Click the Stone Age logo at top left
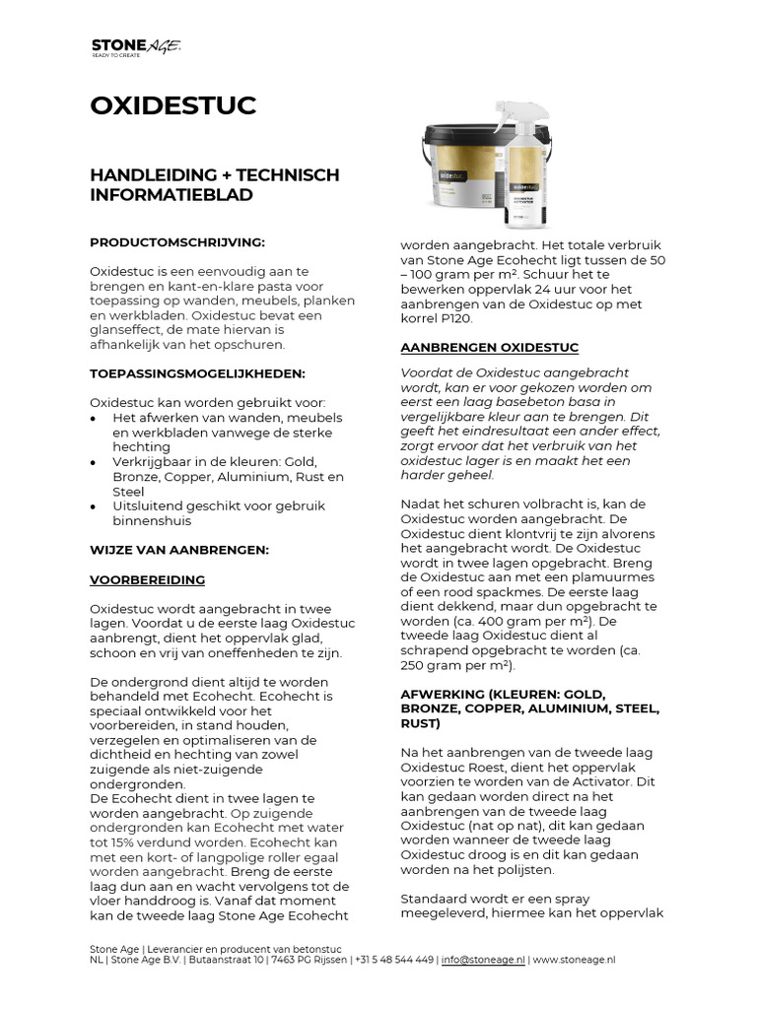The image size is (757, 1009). point(136,46)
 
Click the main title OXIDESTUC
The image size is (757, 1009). point(173,105)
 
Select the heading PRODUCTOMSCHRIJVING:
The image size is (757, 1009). point(177,241)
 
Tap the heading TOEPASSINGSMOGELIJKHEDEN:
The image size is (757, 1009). point(197,375)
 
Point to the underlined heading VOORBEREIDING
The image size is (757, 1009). point(148,580)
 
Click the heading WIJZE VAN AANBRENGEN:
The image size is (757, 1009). point(178,549)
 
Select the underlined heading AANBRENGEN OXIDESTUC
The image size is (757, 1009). point(489,348)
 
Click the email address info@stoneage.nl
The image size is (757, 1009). point(484,959)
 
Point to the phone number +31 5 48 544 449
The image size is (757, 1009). point(392,959)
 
